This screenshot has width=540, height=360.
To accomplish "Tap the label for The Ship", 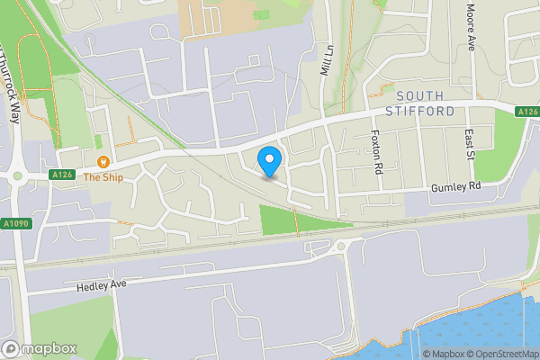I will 103,177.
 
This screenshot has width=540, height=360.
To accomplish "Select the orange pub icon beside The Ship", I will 103,162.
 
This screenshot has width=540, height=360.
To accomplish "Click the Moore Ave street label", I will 471,27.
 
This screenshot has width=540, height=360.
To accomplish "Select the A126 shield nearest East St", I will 527,112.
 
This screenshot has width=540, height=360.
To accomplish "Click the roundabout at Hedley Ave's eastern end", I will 340,246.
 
